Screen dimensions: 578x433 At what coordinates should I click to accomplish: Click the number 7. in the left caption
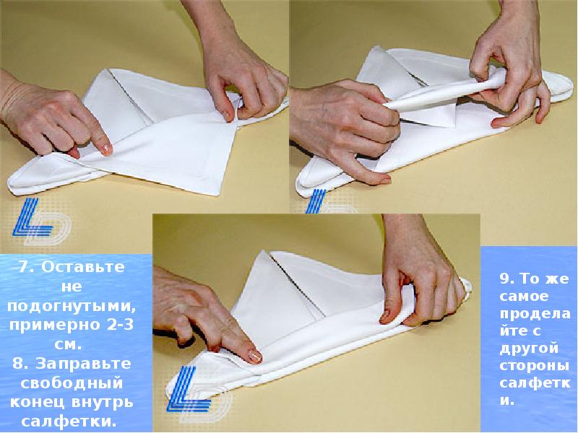(x=27, y=266)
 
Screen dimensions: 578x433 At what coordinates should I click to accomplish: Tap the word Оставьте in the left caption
(x=83, y=267)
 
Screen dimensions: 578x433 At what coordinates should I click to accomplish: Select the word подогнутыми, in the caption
(x=72, y=307)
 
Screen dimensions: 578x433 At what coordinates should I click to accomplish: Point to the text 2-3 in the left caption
(x=118, y=325)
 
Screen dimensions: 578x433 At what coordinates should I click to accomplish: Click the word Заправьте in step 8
(x=83, y=364)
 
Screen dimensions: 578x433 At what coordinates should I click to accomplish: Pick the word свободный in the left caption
(x=71, y=383)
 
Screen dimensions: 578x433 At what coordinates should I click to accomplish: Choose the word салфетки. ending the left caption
(x=69, y=421)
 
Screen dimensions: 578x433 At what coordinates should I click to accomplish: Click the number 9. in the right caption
(x=507, y=279)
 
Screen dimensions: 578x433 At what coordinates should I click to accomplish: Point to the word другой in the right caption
(x=529, y=349)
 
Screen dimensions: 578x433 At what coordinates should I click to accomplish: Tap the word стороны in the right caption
(x=534, y=366)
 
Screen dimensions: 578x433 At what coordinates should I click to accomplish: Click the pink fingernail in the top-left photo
(x=106, y=149)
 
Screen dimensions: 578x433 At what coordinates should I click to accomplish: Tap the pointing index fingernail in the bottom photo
(x=254, y=356)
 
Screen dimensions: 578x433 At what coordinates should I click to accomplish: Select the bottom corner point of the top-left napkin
(x=213, y=194)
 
